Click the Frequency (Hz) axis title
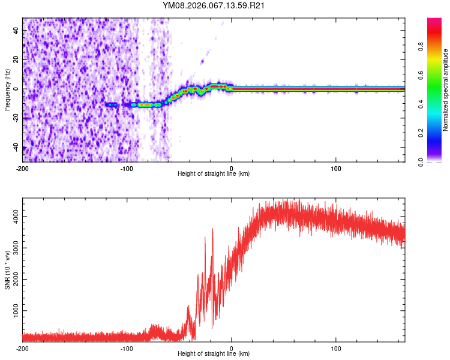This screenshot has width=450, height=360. pyautogui.click(x=7, y=89)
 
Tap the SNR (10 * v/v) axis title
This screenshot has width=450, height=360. pyautogui.click(x=7, y=270)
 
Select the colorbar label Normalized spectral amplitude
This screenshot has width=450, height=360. pyautogui.click(x=446, y=89)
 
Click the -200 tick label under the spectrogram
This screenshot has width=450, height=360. pyautogui.click(x=23, y=168)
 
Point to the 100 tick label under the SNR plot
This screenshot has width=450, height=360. pyautogui.click(x=336, y=348)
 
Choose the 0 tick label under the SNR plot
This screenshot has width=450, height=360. pyautogui.click(x=232, y=348)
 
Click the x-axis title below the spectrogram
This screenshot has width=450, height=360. pyautogui.click(x=214, y=174)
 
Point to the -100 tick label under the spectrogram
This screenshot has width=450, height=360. pyautogui.click(x=127, y=168)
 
